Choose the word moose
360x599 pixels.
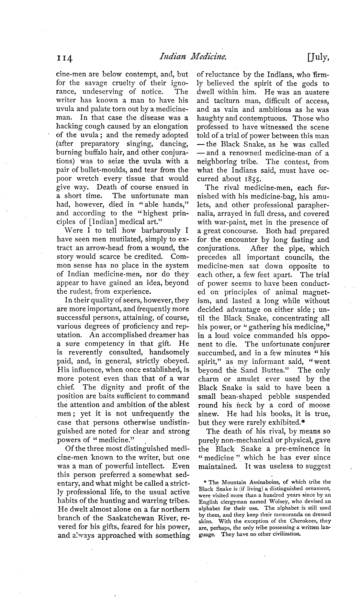319,405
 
